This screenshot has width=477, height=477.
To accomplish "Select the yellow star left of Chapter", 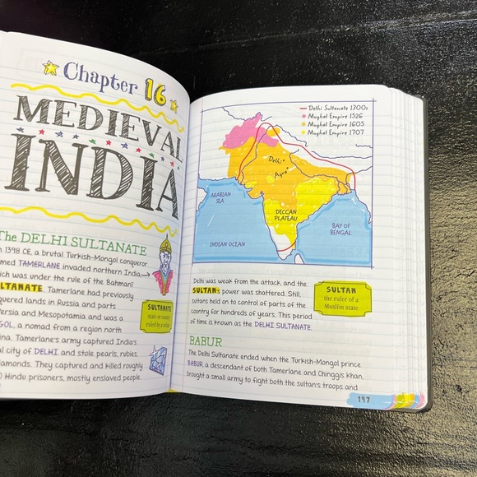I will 51,70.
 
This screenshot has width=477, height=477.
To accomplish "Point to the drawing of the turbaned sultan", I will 164,267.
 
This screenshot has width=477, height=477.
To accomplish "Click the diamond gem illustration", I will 158,359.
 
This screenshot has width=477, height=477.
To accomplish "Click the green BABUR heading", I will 206,340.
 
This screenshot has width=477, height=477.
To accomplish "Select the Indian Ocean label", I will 228,244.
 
